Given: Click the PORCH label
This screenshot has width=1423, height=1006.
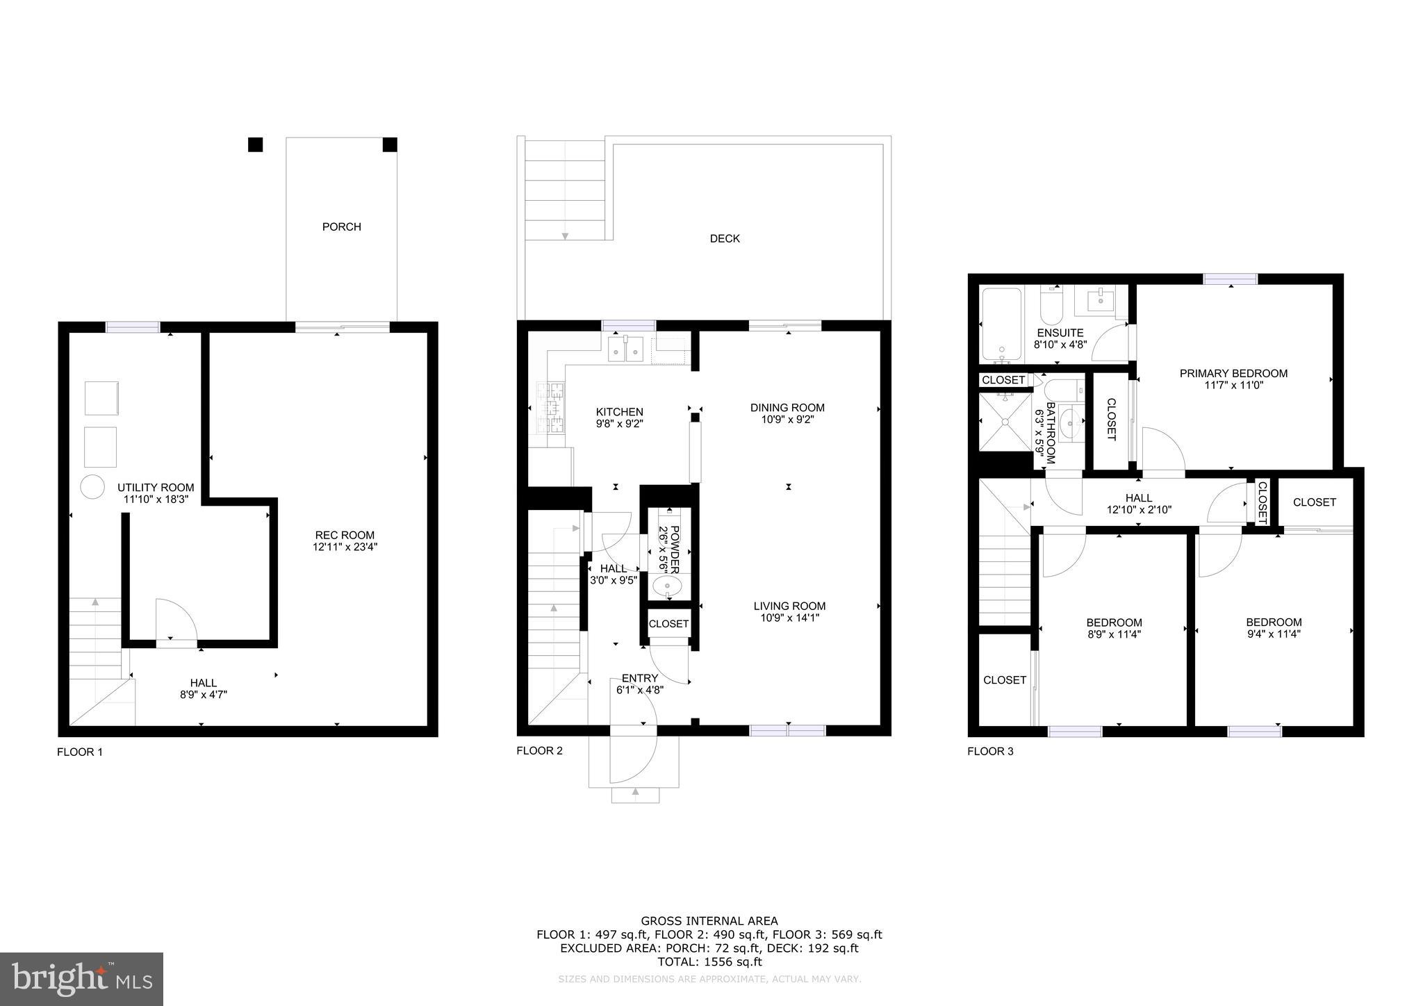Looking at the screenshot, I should [x=341, y=226].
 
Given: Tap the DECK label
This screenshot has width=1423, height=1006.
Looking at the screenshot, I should [x=725, y=238].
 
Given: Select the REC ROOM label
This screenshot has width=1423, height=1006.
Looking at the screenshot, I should [x=345, y=535].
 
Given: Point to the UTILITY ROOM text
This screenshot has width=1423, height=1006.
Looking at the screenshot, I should [x=156, y=488].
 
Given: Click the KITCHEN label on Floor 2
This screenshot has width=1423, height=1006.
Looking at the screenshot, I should [x=619, y=412].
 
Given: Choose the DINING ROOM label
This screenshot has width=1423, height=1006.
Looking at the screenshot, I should [x=787, y=408].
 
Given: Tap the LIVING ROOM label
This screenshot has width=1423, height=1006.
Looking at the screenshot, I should [x=789, y=606].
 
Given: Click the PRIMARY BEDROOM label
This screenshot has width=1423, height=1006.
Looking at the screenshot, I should [x=1233, y=373].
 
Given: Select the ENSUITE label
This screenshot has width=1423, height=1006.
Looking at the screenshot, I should [x=1060, y=333].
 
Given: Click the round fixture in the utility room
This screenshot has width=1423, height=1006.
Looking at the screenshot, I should [x=92, y=486].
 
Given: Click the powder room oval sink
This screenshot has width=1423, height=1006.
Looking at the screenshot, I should [x=667, y=588].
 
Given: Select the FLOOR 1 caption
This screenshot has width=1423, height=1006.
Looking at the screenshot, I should [x=80, y=752].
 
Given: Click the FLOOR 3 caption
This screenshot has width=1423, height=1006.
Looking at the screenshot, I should [x=990, y=751].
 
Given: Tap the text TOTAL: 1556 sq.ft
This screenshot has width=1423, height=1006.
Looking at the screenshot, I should [x=709, y=962].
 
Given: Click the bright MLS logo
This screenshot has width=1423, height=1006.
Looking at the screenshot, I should [x=81, y=979].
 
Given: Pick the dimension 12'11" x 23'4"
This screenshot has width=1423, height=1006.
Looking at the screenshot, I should [x=345, y=547].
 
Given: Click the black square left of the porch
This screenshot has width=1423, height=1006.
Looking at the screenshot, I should [x=256, y=145].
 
